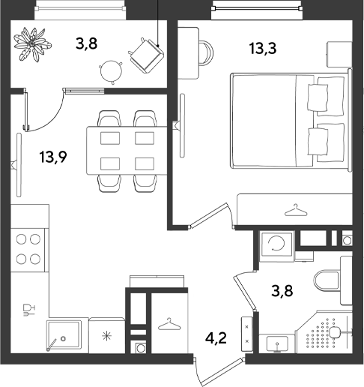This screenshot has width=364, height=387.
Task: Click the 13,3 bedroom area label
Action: click(263, 49)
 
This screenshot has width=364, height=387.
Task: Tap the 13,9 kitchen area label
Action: click(53, 157)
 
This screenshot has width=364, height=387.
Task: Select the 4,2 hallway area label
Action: click(216, 338)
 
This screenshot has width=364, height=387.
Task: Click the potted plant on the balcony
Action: click(32, 44)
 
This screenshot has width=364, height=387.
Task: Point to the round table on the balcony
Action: click(112, 71)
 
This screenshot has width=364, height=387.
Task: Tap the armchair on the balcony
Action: click(146, 55)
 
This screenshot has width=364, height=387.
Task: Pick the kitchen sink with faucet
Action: click(64, 335)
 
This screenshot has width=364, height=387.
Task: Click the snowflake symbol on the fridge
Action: click(107, 336)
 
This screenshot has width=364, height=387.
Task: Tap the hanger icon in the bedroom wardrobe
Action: click(296, 211)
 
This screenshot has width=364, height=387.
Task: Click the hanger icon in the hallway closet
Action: click(169, 324)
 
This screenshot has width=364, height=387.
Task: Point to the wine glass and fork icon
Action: click(29, 310)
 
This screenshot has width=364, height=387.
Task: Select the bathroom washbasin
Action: click(277, 343)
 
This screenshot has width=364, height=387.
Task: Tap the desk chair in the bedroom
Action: click(206, 52)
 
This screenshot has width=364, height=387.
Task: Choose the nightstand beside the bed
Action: click(339, 54)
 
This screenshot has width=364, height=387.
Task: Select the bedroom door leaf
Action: click(208, 215)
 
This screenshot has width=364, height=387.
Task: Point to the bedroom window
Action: click(257, 9)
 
